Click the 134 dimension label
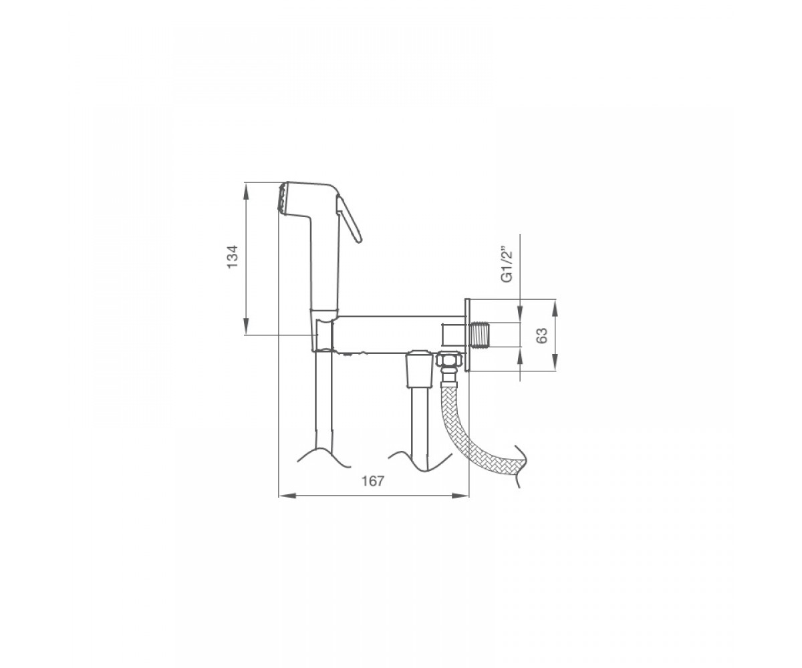[x=233, y=257]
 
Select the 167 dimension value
[x=373, y=481]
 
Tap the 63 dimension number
[x=541, y=335]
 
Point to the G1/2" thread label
[x=507, y=265]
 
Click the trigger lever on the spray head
[x=349, y=219]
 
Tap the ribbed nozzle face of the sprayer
[x=282, y=197]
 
